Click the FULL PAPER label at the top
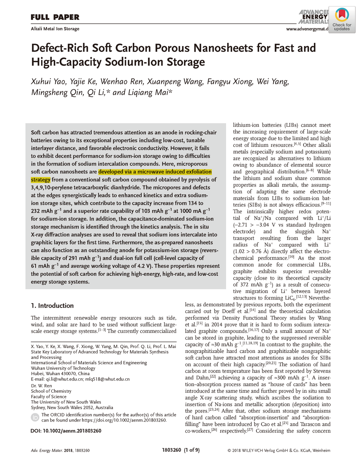point(55,17)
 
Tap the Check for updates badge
point(342,20)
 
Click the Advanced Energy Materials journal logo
point(313,17)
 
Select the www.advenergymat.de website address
point(307,29)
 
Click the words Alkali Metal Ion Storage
point(55,29)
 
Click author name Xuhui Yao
point(49,82)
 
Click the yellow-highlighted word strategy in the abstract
point(41,180)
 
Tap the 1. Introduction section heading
point(52,306)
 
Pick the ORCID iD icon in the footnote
point(35,417)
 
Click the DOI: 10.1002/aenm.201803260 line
point(66,431)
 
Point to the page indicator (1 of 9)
point(192,450)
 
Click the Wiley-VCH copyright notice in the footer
point(279,450)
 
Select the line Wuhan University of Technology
point(63,368)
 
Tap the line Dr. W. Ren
point(41,386)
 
